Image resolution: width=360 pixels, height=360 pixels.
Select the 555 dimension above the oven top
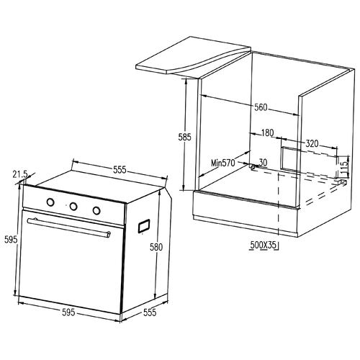[x=120, y=171]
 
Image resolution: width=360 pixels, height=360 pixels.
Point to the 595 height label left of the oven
[x=9, y=240]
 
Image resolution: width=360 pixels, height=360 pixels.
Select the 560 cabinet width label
[x=261, y=108]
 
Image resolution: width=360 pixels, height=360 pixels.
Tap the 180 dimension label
[x=268, y=133]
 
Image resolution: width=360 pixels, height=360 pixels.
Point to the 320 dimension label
[x=311, y=143]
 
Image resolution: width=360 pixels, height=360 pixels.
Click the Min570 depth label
[x=223, y=163]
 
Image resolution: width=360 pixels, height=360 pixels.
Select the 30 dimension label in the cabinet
[x=263, y=163]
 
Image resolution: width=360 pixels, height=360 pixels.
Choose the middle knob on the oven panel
[x=73, y=207]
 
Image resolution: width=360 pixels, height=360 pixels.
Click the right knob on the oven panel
[x=96, y=210]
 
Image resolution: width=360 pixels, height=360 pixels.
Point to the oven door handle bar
[x=68, y=226]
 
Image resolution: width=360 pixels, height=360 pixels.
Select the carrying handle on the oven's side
[x=143, y=225]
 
